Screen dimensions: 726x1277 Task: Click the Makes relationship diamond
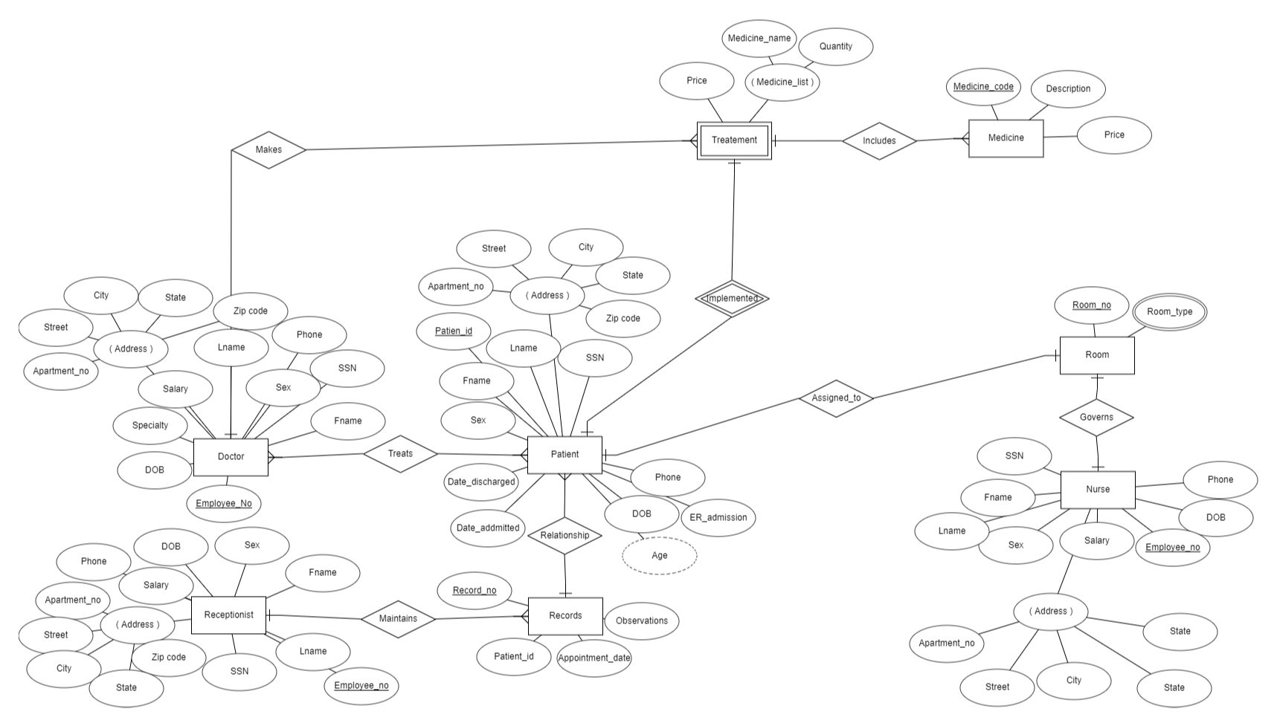click(x=268, y=149)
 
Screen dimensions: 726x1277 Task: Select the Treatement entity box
click(x=734, y=140)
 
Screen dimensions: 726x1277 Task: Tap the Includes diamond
click(x=879, y=140)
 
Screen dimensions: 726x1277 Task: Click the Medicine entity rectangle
click(x=1006, y=138)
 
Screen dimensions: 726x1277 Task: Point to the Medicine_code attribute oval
click(x=983, y=87)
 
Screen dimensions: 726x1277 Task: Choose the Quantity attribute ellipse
click(x=835, y=47)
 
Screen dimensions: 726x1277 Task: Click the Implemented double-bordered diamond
click(x=732, y=299)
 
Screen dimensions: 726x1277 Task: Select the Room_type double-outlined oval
click(x=1169, y=312)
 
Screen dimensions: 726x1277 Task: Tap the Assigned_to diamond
click(x=836, y=398)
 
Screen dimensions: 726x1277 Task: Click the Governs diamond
click(x=1096, y=418)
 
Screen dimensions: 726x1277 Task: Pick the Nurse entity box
click(x=1098, y=490)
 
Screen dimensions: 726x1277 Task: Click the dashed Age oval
click(x=659, y=556)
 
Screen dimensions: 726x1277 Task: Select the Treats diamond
click(x=400, y=454)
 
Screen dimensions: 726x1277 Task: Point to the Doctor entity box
click(x=231, y=457)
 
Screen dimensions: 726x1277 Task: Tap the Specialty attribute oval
click(x=150, y=426)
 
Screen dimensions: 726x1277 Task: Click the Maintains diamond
click(x=398, y=619)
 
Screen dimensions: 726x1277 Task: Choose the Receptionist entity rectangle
click(x=228, y=615)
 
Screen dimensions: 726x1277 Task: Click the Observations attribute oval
click(x=641, y=621)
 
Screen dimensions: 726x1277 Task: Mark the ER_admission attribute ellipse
click(x=718, y=518)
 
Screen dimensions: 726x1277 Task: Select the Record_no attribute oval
click(x=475, y=591)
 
